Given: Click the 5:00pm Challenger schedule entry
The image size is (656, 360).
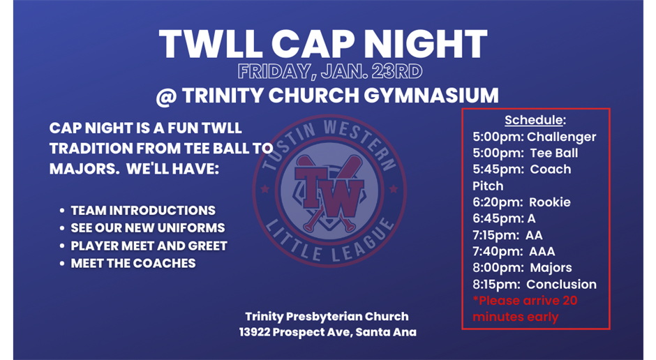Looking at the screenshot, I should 535,137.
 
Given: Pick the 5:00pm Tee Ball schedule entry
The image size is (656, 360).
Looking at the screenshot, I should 525,153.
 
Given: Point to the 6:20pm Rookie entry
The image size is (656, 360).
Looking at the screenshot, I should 521,202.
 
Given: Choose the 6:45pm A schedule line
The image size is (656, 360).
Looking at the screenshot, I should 505,218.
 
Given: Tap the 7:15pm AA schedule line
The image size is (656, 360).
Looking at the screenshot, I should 507,235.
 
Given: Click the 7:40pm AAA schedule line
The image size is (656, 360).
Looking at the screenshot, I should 514,252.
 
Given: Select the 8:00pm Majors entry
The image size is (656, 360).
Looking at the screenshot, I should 522,268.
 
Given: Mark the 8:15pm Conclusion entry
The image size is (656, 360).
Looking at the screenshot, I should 535,285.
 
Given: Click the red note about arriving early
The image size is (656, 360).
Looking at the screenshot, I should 525,308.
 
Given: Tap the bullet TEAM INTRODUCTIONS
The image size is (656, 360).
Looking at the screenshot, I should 143,211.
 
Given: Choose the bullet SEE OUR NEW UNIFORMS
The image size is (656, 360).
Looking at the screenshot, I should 148,228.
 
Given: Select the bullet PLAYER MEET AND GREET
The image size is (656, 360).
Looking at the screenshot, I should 149,246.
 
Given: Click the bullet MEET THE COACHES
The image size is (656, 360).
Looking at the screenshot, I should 133,263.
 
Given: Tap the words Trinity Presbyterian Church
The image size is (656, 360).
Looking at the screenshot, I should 327,317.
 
